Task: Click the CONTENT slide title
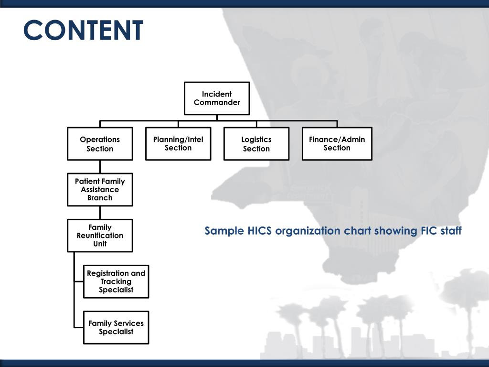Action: point(83,31)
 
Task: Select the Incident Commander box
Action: point(217,98)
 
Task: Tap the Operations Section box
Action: point(100,143)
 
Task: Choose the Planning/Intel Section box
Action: point(178,143)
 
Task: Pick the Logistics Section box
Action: point(256,143)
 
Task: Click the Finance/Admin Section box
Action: point(337,143)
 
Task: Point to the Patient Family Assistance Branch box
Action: point(100,190)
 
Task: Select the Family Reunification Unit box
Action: point(100,236)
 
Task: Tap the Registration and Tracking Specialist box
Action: point(116,281)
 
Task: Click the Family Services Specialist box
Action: point(116,327)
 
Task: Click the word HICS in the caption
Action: point(260,231)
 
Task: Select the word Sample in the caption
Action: point(224,231)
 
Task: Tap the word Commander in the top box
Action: point(217,103)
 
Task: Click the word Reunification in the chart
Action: point(100,236)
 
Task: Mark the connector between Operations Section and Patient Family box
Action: point(100,166)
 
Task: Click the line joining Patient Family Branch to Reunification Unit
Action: point(100,213)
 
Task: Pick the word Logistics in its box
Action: point(256,140)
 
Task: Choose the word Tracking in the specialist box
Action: point(116,281)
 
